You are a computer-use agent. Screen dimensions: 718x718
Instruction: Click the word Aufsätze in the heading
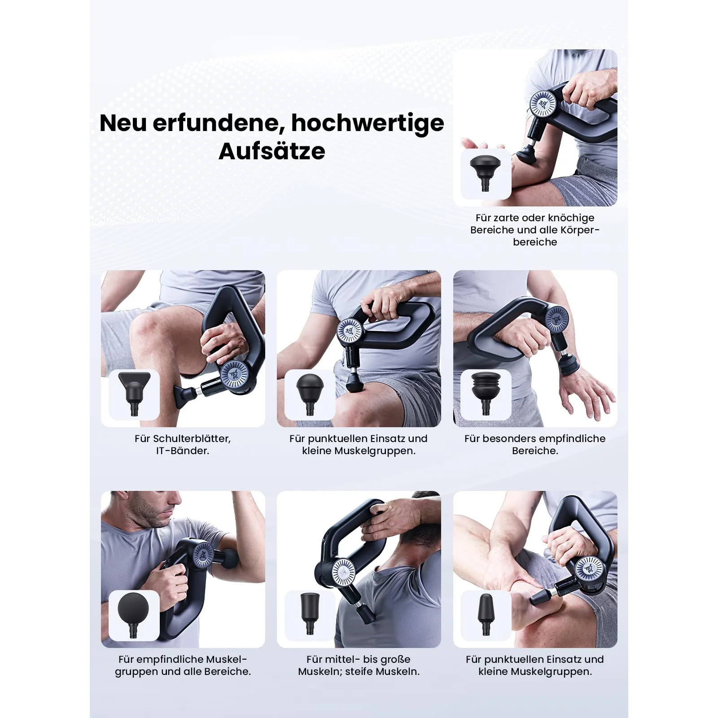pyautogui.click(x=271, y=151)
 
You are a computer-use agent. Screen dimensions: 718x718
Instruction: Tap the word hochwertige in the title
pyautogui.click(x=368, y=123)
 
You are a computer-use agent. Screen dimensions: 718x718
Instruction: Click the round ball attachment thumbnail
pyautogui.click(x=133, y=614)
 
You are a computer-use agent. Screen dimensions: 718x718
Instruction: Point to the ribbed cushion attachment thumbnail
pyautogui.click(x=486, y=393)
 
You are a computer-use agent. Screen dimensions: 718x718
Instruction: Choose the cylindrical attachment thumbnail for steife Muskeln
pyautogui.click(x=310, y=613)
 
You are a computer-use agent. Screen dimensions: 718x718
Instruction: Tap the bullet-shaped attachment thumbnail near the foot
pyautogui.click(x=486, y=614)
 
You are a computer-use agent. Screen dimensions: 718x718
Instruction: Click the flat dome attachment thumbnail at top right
pyautogui.click(x=486, y=173)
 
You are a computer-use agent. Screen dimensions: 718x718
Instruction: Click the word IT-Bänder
pyautogui.click(x=183, y=451)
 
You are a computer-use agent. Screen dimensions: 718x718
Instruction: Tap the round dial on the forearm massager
pyautogui.click(x=543, y=104)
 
